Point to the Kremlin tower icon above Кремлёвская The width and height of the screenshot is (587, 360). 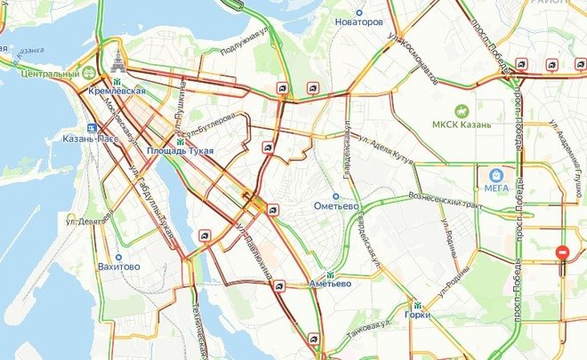[x=117, y=61]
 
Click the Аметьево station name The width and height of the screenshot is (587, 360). [x=330, y=284]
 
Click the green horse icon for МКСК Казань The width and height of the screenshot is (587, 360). [x=461, y=110]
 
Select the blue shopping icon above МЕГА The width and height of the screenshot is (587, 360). [x=496, y=174]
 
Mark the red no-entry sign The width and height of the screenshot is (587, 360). [x=562, y=252]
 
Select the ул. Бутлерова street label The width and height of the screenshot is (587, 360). [x=208, y=122]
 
